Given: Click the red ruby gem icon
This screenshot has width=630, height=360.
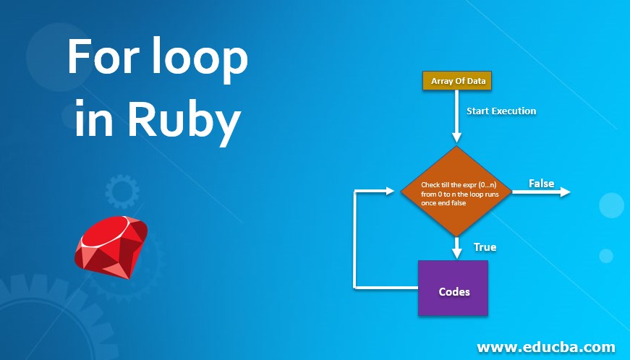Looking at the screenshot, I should [111, 245].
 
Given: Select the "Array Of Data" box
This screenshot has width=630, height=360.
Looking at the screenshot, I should [457, 81].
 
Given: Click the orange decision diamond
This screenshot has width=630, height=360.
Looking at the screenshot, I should [456, 192].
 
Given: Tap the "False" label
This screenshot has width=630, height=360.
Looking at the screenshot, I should [541, 183].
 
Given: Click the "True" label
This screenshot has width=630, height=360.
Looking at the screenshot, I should [485, 247].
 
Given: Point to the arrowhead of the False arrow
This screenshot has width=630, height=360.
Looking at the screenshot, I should [565, 192].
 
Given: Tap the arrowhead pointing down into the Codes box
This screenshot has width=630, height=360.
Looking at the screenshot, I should [456, 253].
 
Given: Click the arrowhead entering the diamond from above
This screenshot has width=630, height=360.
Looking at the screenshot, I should [456, 139].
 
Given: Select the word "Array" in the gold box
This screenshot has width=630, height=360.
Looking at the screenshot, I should [442, 81].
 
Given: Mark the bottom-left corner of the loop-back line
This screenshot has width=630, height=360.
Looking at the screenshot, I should [354, 287].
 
